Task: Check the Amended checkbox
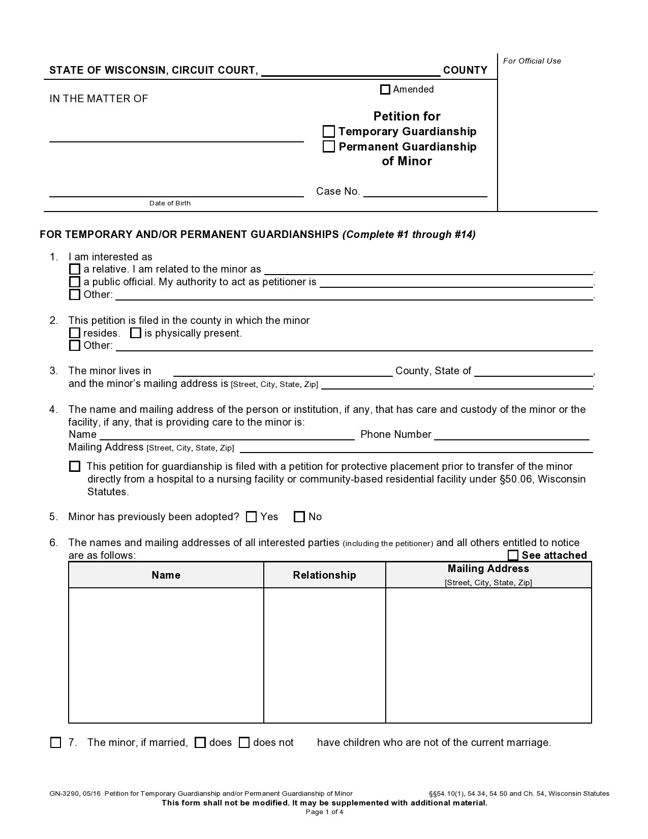coord(385,89)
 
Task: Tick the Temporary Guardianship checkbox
coord(329,132)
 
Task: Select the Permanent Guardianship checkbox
coord(329,146)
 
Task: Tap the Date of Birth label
coord(170,203)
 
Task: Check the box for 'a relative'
coord(75,269)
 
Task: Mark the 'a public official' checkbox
coord(75,282)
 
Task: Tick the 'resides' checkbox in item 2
coord(75,333)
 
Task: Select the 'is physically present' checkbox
coord(136,333)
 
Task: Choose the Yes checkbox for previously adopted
coord(251,517)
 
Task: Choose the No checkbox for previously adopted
coord(299,517)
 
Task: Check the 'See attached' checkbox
coord(513,555)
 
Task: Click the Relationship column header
coord(324,575)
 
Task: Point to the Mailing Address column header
coord(488,569)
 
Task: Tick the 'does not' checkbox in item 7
coord(244,742)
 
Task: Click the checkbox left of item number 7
coord(56,742)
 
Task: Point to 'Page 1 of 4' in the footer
coord(324,812)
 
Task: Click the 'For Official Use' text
coord(532,61)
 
